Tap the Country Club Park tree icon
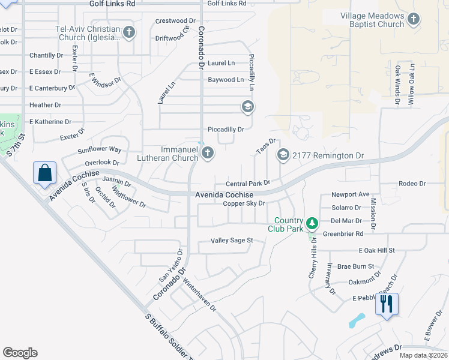click(312, 224)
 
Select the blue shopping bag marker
click(45, 173)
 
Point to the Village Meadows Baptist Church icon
click(413, 19)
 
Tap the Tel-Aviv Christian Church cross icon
click(128, 32)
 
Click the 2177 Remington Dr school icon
click(283, 155)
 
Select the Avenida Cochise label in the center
click(224, 195)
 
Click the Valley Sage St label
click(232, 241)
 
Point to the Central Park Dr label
click(248, 184)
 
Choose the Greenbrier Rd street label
click(343, 234)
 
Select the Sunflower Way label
click(103, 149)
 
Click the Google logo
click(20, 353)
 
